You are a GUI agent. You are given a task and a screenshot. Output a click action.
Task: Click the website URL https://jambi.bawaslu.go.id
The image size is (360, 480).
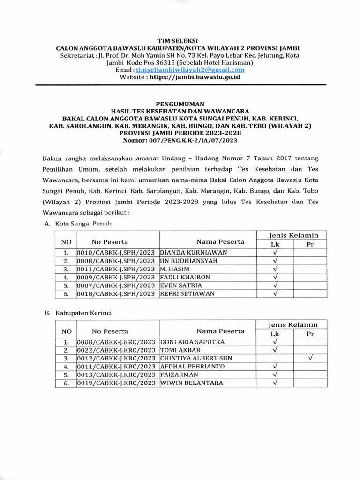195,77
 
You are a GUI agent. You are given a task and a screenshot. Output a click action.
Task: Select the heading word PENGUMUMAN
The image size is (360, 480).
180,104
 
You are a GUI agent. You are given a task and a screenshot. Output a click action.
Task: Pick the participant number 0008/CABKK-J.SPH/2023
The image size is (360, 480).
116,261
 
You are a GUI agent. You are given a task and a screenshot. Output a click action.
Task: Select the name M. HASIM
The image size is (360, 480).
175,269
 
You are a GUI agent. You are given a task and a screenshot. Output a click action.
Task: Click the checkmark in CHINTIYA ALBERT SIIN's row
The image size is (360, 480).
310,358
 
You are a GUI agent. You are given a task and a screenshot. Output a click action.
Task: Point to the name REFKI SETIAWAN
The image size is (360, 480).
187,293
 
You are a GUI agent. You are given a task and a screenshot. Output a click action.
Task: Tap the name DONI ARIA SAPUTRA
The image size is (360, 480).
192,342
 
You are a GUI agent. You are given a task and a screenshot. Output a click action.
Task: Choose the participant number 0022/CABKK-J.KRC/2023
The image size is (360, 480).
116,350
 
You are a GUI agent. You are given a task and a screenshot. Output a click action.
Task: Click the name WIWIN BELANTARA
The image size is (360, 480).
191,382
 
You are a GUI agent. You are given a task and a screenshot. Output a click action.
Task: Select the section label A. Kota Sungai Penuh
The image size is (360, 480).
78,224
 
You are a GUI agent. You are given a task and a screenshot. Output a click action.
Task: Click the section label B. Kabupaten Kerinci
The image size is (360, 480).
78,313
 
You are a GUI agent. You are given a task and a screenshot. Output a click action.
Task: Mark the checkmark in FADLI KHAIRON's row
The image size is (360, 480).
275,277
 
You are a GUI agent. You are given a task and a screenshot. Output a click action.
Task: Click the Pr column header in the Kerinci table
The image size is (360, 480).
310,334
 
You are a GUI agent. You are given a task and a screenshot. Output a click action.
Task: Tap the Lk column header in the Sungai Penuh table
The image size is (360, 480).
275,244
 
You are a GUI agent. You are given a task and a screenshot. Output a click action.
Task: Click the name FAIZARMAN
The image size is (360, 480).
177,374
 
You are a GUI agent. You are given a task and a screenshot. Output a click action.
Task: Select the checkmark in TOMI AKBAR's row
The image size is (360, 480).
275,350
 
